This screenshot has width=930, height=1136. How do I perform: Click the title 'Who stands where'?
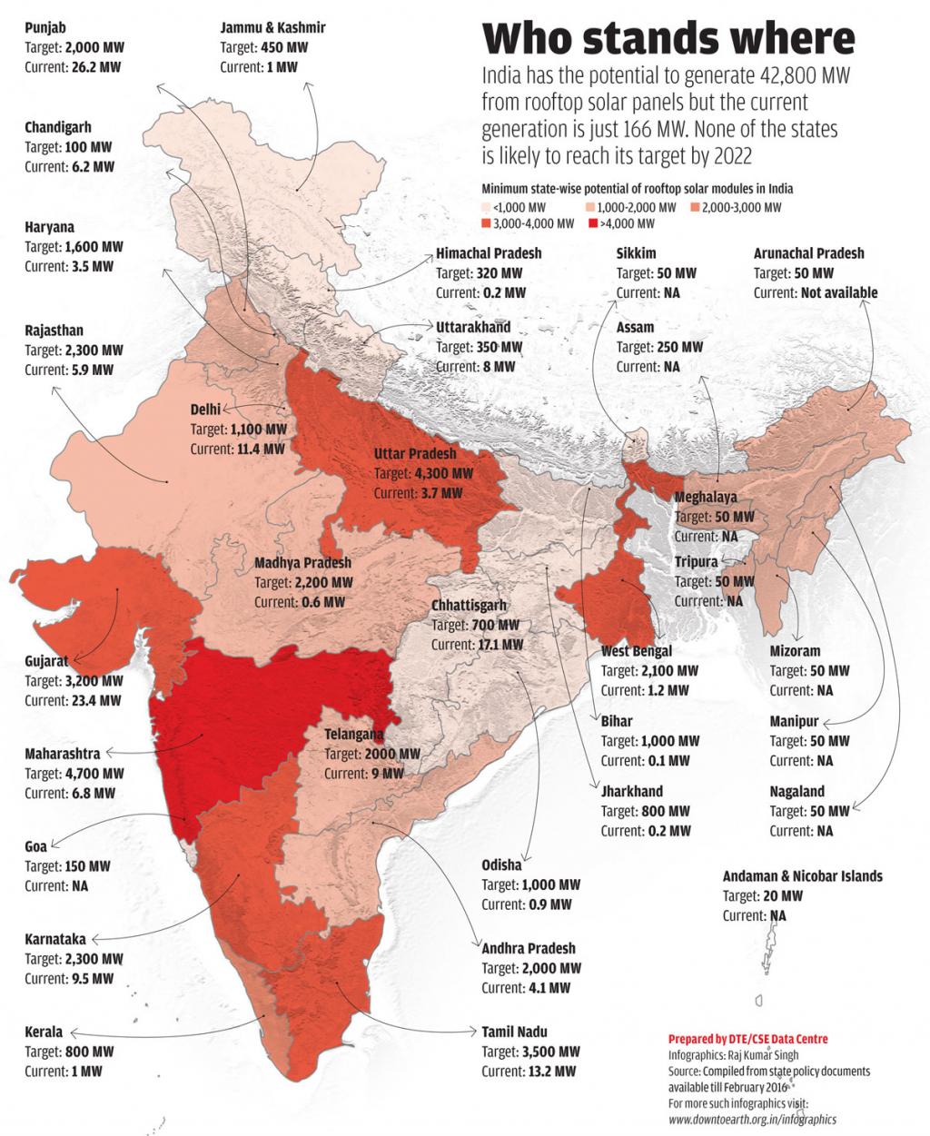pyautogui.click(x=668, y=40)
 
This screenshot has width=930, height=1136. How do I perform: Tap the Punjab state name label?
pyautogui.click(x=46, y=27)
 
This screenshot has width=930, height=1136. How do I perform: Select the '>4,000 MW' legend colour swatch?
pyautogui.click(x=595, y=223)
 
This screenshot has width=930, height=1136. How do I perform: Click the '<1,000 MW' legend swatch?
pyautogui.click(x=487, y=208)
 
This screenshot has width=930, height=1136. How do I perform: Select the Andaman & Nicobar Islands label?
pyautogui.click(x=802, y=876)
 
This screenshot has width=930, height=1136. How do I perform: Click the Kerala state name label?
pyautogui.click(x=44, y=1032)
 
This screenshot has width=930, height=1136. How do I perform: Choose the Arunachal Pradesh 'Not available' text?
pyautogui.click(x=839, y=292)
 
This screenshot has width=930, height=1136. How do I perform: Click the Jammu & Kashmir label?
pyautogui.click(x=272, y=27)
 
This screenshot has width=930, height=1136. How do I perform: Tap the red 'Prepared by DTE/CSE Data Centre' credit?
pyautogui.click(x=747, y=1039)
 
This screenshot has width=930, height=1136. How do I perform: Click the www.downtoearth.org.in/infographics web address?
pyautogui.click(x=752, y=1120)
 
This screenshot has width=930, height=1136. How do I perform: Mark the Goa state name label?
pyautogui.click(x=35, y=846)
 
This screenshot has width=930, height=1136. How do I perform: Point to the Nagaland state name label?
pyautogui.click(x=796, y=792)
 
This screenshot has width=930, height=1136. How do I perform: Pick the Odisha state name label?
pyautogui.click(x=501, y=864)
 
